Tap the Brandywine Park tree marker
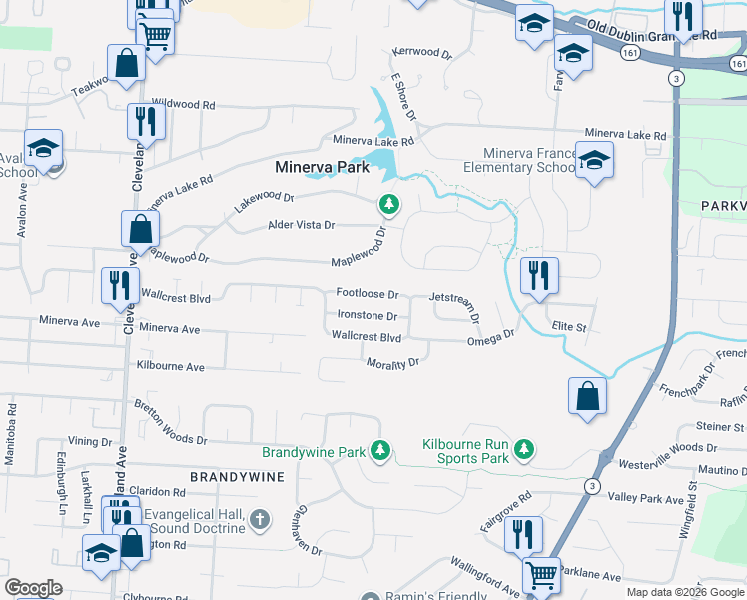point(379,452)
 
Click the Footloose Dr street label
point(367,295)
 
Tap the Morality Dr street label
point(391,363)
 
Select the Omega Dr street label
point(490,339)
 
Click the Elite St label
point(568,327)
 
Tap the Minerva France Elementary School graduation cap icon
point(594,161)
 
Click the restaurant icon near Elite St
point(539,275)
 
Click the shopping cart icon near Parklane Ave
point(542,575)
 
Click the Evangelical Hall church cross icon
point(259,518)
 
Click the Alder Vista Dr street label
point(301,225)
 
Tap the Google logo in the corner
point(33,588)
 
